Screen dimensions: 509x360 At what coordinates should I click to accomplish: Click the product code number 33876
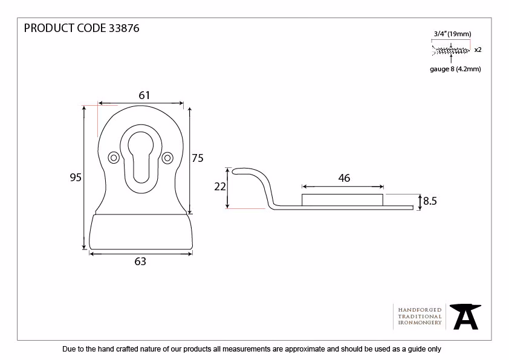coord(124,28)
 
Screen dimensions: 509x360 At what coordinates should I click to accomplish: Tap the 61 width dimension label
coord(144,95)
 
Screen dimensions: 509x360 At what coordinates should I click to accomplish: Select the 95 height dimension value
coord(76,178)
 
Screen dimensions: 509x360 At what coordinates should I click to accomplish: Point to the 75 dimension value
coord(197,158)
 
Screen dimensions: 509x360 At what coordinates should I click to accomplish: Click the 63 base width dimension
coord(140,262)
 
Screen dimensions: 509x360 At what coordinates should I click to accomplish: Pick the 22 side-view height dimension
coord(220,187)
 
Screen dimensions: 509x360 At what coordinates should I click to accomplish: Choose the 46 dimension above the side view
coord(344,178)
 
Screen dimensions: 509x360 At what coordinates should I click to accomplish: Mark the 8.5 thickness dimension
coord(430,201)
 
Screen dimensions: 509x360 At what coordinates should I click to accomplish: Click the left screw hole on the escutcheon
coord(114,158)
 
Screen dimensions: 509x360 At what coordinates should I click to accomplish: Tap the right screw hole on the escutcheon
coord(167,158)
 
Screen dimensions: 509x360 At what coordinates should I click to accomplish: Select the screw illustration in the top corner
coord(450,51)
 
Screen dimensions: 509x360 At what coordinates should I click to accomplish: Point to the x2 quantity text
coord(478,50)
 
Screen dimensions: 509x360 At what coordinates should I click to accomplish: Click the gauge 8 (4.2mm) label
coord(455,69)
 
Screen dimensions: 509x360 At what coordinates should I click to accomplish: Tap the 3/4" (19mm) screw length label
coord(453,34)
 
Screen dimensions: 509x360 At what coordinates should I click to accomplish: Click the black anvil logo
coord(465,317)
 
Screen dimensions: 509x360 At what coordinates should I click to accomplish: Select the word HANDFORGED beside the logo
coord(420,310)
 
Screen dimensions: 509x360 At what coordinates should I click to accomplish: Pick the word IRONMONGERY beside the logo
coord(420,323)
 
